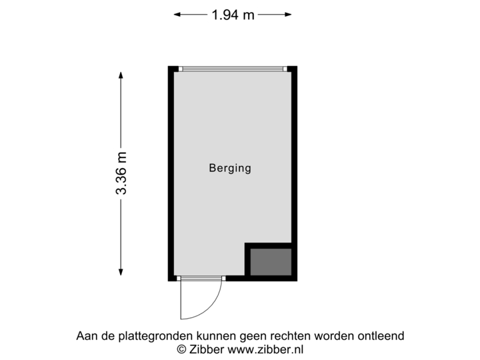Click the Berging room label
click(x=230, y=168)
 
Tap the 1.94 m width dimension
click(x=233, y=14)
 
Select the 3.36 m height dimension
click(x=121, y=174)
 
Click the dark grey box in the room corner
click(x=271, y=261)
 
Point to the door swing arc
click(x=211, y=307)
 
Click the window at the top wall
click(x=233, y=68)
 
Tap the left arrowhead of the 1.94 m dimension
click(x=177, y=14)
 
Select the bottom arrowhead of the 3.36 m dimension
click(x=121, y=271)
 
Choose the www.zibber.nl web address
click(x=266, y=349)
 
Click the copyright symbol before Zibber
click(x=180, y=349)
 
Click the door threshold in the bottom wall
click(x=201, y=279)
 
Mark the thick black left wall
click(x=171, y=173)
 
